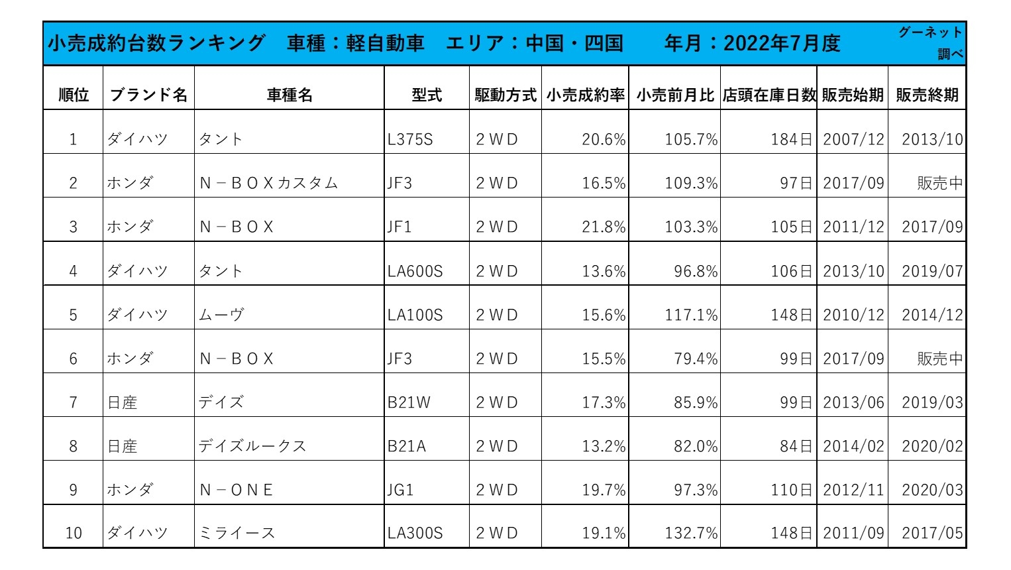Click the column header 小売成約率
click(586, 95)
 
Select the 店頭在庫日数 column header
click(769, 95)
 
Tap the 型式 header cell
click(427, 95)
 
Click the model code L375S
click(410, 140)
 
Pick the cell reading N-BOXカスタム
click(269, 184)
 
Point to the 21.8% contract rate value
click(604, 227)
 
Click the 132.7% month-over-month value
click(691, 534)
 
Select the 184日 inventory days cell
click(791, 140)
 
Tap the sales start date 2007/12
click(853, 140)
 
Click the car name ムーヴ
click(221, 315)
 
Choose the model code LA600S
click(415, 272)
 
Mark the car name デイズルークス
click(252, 447)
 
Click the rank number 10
click(74, 534)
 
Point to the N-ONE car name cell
click(237, 490)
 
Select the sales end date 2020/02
click(932, 447)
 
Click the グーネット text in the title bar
click(930, 32)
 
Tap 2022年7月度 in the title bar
click(782, 44)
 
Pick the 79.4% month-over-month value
click(696, 359)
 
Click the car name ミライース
click(237, 534)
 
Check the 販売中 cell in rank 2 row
click(939, 184)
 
